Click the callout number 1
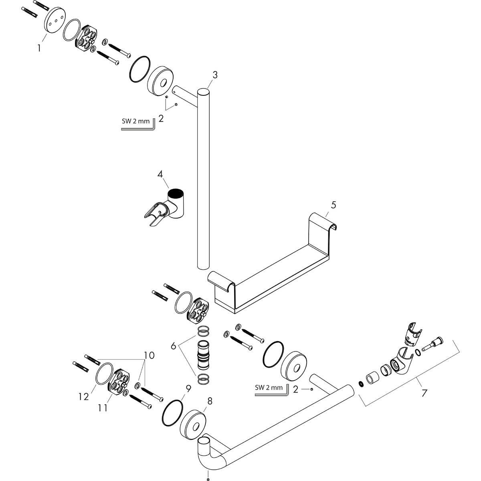click(39, 48)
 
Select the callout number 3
click(215, 75)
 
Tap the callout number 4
click(160, 174)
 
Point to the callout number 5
click(333, 205)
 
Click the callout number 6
click(173, 346)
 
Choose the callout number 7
click(424, 393)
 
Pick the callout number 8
click(210, 401)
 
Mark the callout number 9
click(188, 388)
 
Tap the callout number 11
click(103, 408)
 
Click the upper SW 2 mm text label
click(135, 121)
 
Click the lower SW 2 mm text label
click(269, 388)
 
